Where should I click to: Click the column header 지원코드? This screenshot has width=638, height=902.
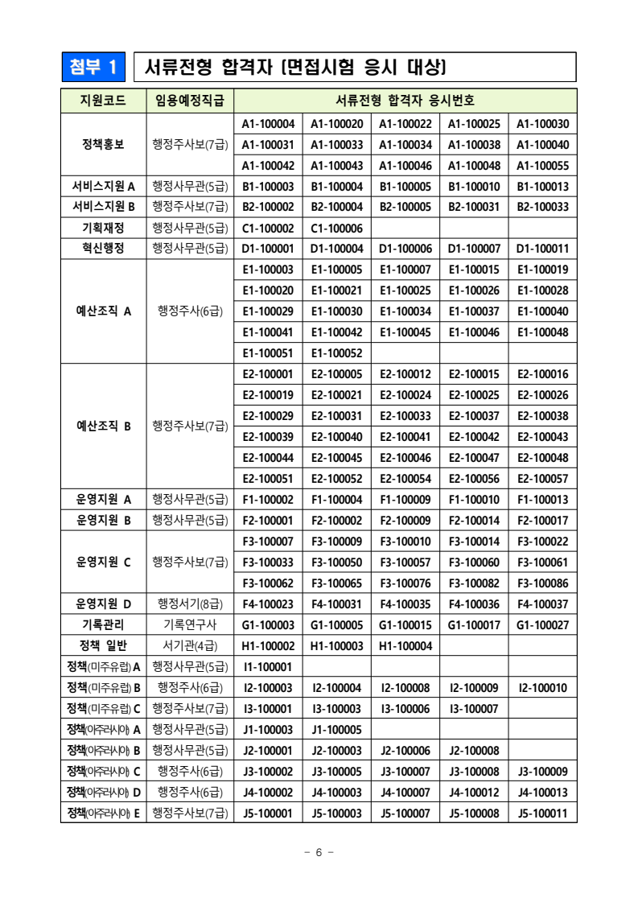coord(103,101)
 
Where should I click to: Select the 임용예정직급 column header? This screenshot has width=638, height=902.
coord(190,101)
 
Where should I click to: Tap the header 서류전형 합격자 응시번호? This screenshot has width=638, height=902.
coord(405,101)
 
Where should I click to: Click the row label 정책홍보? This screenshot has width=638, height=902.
coord(103,145)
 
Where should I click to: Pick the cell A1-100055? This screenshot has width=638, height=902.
coord(542,166)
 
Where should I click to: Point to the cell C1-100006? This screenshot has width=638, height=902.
coord(336,229)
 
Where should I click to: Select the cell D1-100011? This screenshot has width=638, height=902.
coord(542,249)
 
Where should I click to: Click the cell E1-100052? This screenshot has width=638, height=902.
coord(336,353)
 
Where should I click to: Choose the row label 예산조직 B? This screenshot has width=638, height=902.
coord(103,426)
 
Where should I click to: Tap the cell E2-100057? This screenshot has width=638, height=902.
coord(542,479)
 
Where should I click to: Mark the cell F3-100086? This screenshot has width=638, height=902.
coord(542,583)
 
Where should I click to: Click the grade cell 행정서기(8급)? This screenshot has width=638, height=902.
coord(190,604)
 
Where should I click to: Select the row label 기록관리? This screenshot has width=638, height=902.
coord(103,625)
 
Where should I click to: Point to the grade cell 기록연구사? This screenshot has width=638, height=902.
coord(190,625)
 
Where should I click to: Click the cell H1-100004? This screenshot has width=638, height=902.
coord(405,646)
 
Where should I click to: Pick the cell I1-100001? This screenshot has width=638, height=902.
coord(268,667)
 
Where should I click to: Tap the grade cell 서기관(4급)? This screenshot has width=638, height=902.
coord(190,646)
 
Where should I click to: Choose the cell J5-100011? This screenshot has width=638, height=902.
coord(542,813)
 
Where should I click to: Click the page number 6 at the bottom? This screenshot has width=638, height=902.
coord(319,853)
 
